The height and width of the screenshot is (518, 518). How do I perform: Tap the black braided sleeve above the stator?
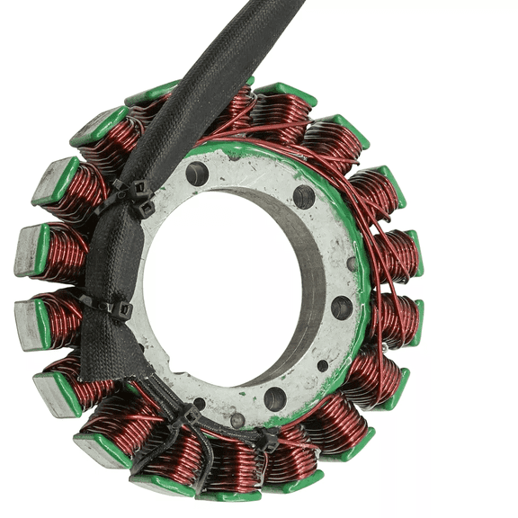point(225,54)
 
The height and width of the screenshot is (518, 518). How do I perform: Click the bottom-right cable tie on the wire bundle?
point(267,440)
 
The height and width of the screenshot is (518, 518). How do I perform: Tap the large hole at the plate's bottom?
point(275,397)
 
